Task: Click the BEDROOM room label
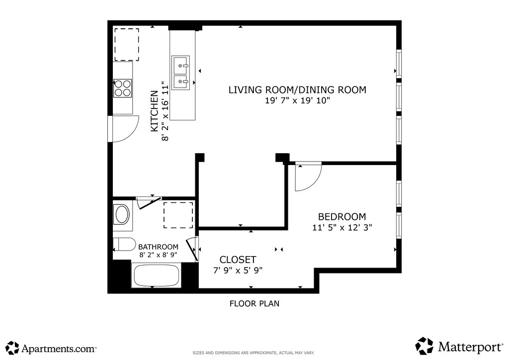click(342, 216)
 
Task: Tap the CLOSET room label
click(238, 260)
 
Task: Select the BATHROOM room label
click(158, 247)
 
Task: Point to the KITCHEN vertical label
click(155, 111)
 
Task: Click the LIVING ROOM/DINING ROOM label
click(297, 90)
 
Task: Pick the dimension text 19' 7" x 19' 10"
click(297, 100)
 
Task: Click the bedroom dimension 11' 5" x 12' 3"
click(342, 227)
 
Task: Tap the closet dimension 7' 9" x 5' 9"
click(238, 270)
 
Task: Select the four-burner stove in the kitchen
click(122, 89)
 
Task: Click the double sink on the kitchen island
click(180, 73)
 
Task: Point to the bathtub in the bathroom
click(157, 275)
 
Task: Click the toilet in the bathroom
click(124, 245)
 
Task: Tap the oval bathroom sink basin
click(122, 214)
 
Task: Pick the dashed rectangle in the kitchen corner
click(127, 45)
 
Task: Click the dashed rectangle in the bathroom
click(178, 215)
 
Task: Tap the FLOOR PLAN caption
click(254, 303)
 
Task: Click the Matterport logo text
click(470, 347)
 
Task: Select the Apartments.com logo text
click(59, 349)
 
